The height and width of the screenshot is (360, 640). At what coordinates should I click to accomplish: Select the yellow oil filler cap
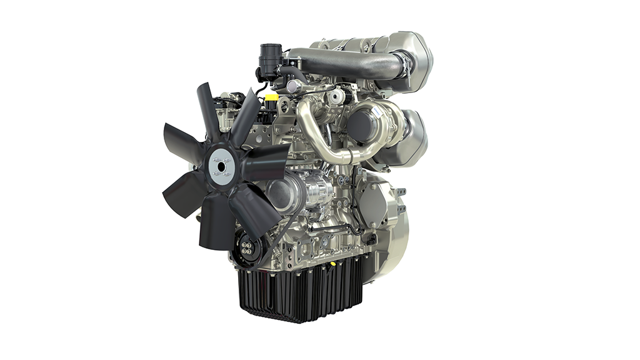click(x=270, y=98)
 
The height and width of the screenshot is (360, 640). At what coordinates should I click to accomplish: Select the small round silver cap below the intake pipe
click(x=337, y=97)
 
